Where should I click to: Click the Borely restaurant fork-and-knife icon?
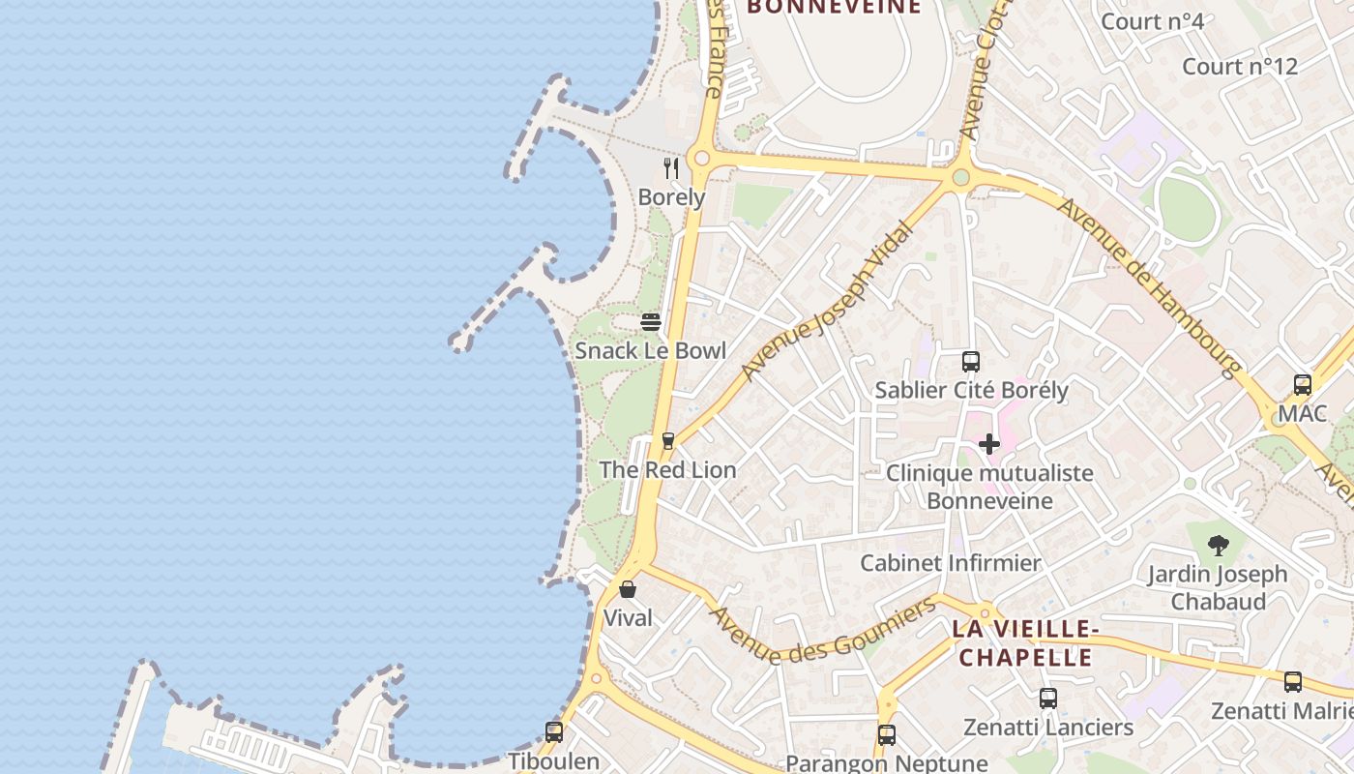click(671, 168)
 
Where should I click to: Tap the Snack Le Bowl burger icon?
click(651, 321)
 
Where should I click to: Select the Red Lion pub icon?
click(667, 441)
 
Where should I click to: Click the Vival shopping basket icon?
click(628, 588)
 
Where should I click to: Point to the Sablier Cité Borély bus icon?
click(971, 362)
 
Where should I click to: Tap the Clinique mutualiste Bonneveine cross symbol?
click(988, 444)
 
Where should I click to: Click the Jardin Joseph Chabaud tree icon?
click(1218, 545)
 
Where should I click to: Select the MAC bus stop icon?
click(1302, 385)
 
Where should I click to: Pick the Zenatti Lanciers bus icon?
click(1047, 699)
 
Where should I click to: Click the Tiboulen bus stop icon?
click(554, 732)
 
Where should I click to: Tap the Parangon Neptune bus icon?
click(887, 735)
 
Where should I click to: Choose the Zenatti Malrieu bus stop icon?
click(1293, 682)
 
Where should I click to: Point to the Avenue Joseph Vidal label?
click(826, 301)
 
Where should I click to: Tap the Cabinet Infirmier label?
click(950, 563)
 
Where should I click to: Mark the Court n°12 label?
click(1239, 67)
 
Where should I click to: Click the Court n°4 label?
click(1152, 21)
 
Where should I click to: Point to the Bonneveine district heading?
click(834, 8)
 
